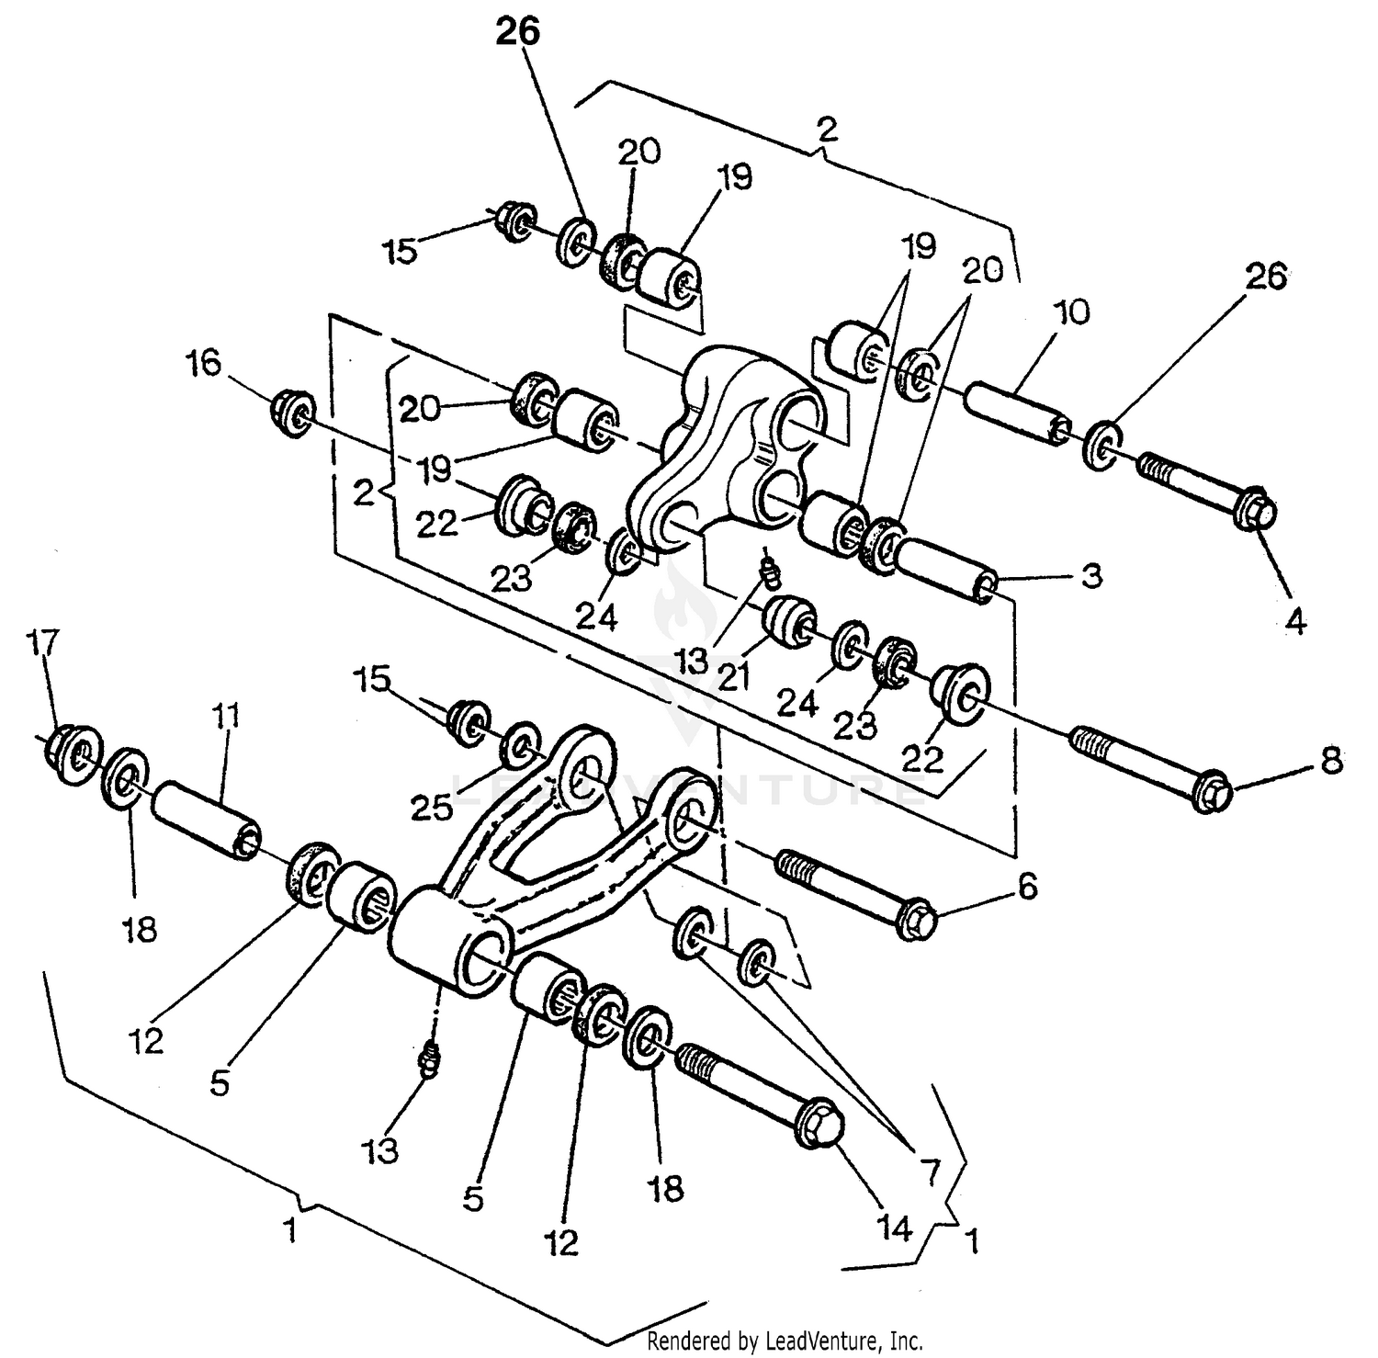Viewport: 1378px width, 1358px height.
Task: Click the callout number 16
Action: click(x=204, y=365)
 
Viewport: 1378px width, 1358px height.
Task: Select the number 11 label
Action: click(x=227, y=716)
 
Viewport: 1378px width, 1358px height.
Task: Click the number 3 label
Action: click(x=1090, y=577)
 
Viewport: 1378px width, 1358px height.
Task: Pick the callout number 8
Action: click(x=1331, y=762)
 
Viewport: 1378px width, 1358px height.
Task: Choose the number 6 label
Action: click(x=1026, y=887)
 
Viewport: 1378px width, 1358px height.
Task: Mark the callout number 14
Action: click(x=894, y=1228)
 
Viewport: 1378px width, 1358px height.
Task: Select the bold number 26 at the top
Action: click(x=518, y=32)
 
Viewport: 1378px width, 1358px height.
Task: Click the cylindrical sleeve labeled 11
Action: click(x=206, y=820)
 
